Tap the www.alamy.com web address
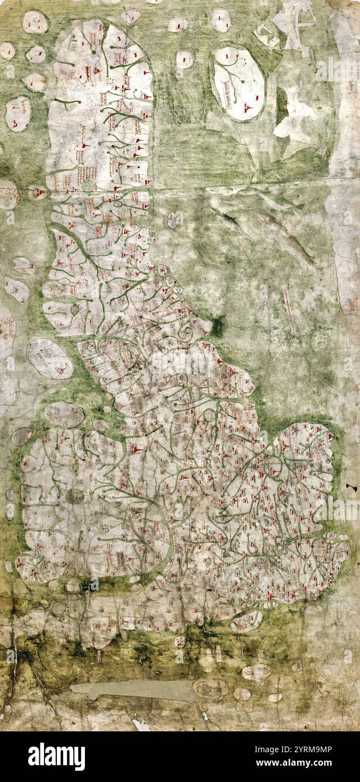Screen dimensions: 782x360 pos(306,763)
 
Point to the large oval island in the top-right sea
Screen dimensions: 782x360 pos(238,83)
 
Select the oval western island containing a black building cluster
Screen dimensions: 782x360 pos(49,358)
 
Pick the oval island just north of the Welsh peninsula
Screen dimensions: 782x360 pos(64,415)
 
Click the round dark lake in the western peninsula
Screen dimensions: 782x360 pos(74,496)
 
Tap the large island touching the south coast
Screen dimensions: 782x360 pos(246,621)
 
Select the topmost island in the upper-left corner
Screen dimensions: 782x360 pos(35,22)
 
